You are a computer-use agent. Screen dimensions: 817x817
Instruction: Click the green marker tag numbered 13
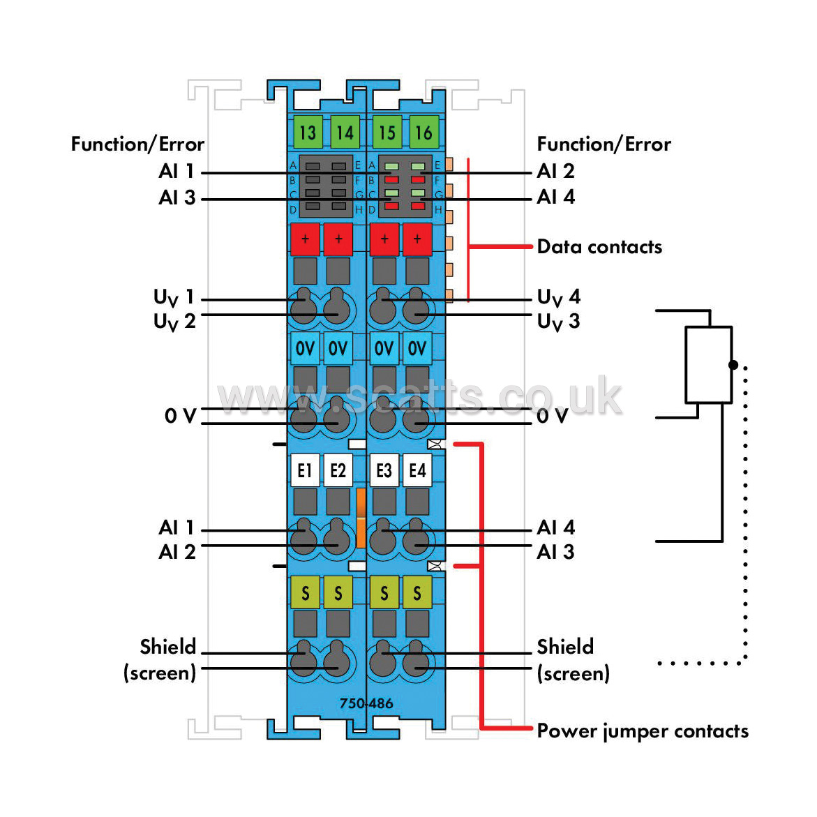[x=308, y=133]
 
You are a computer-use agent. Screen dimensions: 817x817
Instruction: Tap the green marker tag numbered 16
[x=424, y=133]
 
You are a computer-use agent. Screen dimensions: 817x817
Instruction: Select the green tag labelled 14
[x=345, y=133]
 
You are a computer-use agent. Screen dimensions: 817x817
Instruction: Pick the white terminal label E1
[x=305, y=470]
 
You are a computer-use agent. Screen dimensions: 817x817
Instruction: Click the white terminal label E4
[x=417, y=470]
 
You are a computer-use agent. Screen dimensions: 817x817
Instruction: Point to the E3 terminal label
[x=384, y=470]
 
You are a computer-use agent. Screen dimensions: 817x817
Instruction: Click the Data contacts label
[x=599, y=246]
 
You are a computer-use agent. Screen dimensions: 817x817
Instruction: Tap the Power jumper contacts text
[x=643, y=731]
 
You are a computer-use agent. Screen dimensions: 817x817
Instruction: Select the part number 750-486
[x=366, y=703]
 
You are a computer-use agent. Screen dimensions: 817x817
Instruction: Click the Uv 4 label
[x=559, y=297]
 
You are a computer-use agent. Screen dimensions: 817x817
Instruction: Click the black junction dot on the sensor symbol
[x=733, y=365]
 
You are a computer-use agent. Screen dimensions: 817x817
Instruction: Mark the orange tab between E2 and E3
[x=361, y=518]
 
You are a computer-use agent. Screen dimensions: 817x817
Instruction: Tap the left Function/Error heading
[x=137, y=144]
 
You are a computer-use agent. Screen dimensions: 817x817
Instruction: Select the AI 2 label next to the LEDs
[x=556, y=171]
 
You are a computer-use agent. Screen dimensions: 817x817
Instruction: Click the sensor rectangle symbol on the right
[x=709, y=365]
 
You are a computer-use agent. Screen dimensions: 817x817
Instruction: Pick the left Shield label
[x=167, y=647]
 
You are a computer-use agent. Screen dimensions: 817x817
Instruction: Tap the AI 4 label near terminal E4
[x=556, y=527]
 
